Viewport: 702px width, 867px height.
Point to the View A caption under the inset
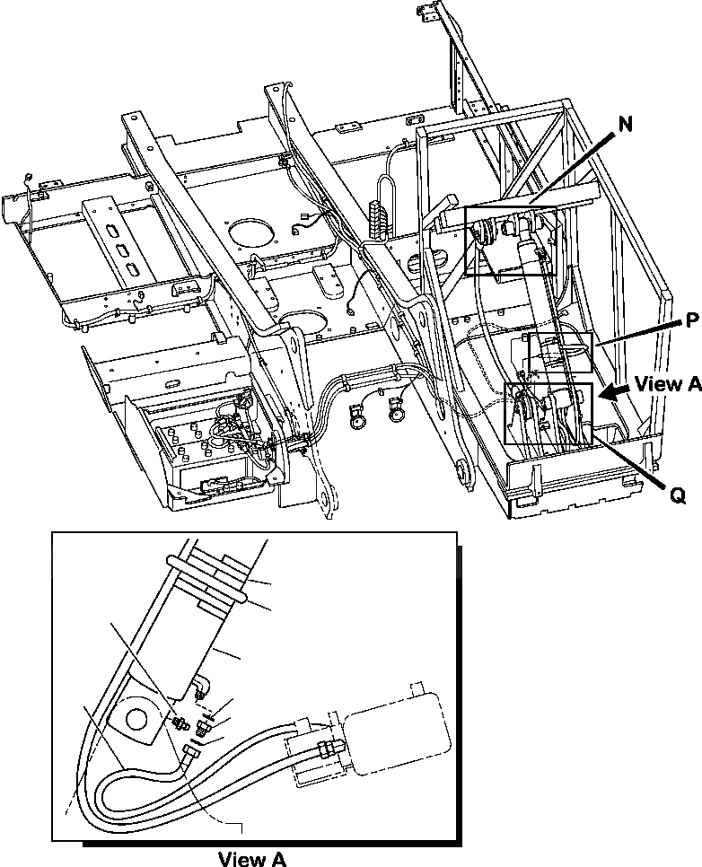point(252,858)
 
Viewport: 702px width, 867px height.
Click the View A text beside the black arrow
point(667,384)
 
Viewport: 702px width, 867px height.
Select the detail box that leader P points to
point(559,353)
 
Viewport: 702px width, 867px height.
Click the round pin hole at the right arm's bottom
point(463,471)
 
